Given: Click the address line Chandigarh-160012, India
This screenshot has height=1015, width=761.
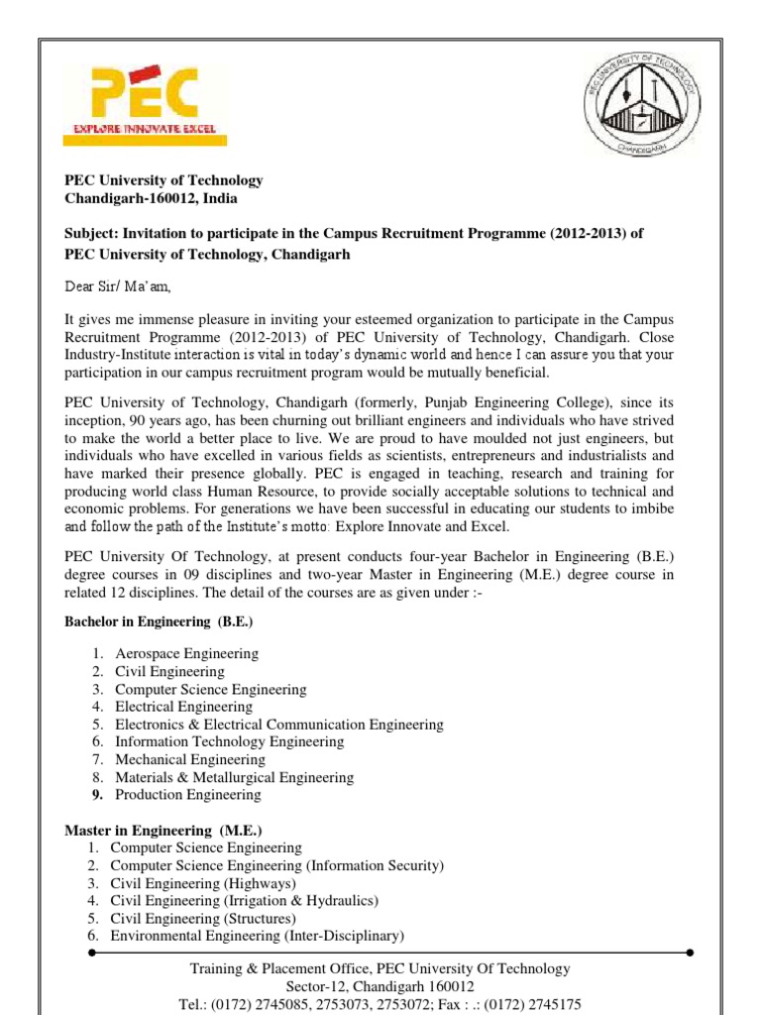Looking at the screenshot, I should pyautogui.click(x=151, y=198).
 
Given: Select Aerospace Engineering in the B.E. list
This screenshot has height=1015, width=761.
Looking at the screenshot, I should pyautogui.click(x=186, y=654).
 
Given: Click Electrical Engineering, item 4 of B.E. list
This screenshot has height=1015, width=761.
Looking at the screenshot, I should pyautogui.click(x=183, y=707).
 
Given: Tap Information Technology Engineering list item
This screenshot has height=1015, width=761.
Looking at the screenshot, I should pyautogui.click(x=229, y=741).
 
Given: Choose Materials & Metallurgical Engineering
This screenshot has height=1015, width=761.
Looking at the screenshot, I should pyautogui.click(x=234, y=777).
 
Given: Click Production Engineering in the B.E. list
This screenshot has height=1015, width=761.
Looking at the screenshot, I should pyautogui.click(x=188, y=795).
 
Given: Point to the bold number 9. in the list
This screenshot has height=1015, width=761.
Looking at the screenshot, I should pyautogui.click(x=98, y=795).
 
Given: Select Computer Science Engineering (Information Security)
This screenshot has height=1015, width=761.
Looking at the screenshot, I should pyautogui.click(x=276, y=865).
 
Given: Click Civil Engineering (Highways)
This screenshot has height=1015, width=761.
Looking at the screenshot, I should pyautogui.click(x=203, y=883).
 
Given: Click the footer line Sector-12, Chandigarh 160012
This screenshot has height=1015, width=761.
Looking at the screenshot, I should pyautogui.click(x=380, y=986).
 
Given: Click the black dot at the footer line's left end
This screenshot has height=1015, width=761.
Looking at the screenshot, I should pyautogui.click(x=91, y=953).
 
